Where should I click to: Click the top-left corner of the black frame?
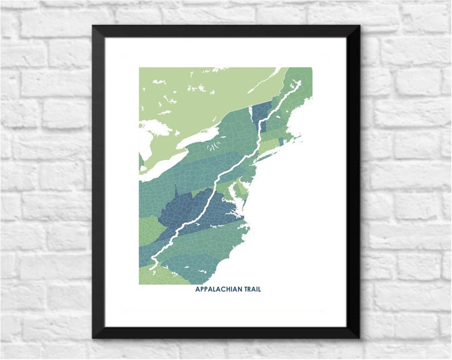point(93,26)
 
